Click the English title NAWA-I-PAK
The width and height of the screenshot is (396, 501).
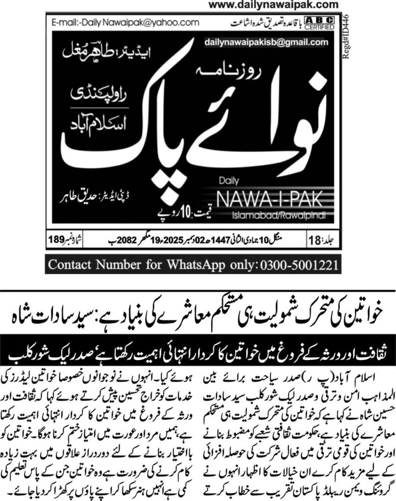[268, 199]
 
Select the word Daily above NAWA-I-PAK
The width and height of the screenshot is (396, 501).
[227, 182]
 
